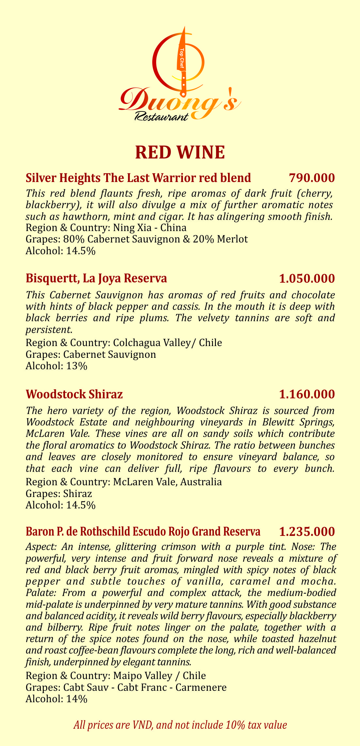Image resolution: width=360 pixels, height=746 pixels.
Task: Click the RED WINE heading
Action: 180,153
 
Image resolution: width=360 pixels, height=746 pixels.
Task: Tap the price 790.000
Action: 312,178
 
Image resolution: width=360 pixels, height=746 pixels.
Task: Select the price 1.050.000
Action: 307,278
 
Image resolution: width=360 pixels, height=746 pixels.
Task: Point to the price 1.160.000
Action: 307,394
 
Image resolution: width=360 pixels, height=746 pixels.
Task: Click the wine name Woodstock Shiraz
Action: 74,394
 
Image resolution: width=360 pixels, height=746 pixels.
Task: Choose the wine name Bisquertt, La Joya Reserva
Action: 96,278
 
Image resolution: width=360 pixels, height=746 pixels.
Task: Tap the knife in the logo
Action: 182,62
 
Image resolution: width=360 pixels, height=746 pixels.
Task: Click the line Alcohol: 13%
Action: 57,366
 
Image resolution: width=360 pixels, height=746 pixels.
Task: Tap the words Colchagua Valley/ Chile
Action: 168,343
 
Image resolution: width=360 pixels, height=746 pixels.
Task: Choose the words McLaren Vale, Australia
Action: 168,482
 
